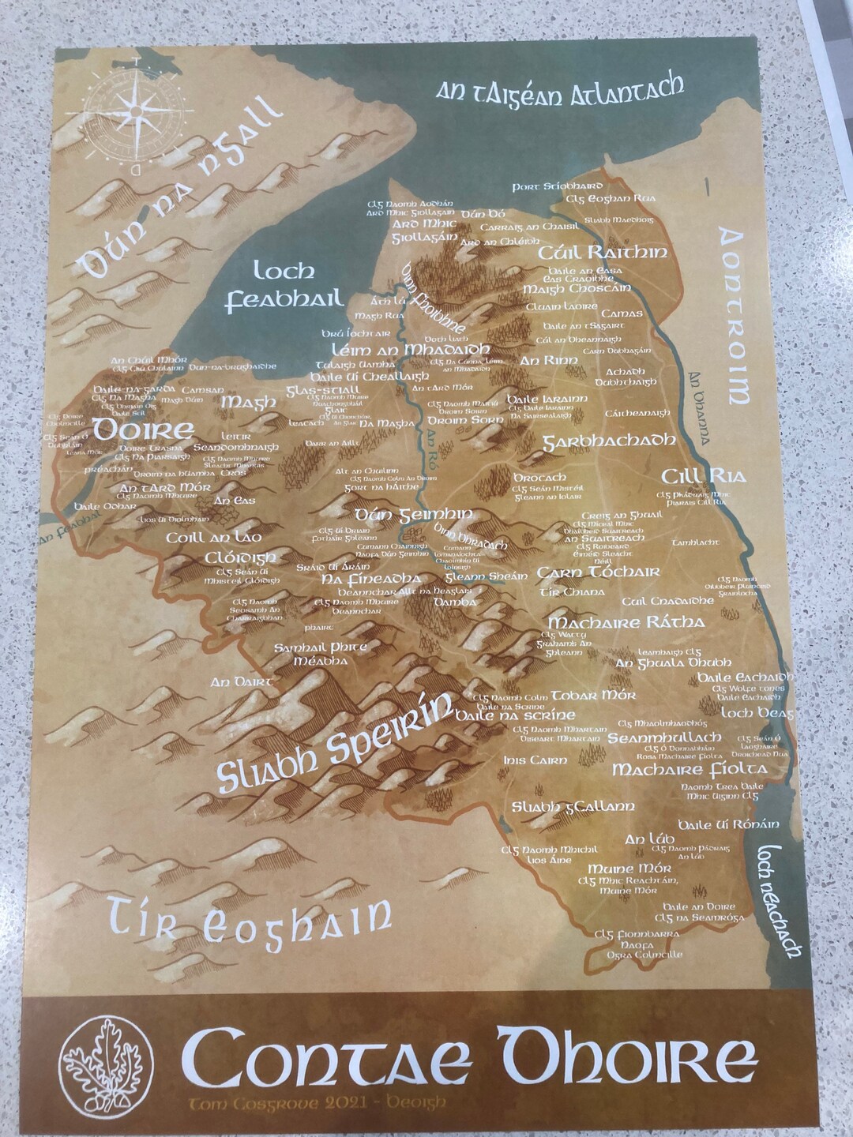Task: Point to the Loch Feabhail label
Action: click(x=284, y=286)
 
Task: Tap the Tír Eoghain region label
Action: click(x=250, y=921)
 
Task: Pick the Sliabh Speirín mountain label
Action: click(x=336, y=742)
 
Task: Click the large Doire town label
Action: click(x=143, y=430)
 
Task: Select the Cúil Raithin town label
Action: click(x=602, y=253)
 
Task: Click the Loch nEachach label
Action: click(x=778, y=900)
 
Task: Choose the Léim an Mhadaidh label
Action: click(x=410, y=349)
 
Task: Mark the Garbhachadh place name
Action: click(x=608, y=441)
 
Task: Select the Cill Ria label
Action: click(x=693, y=475)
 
